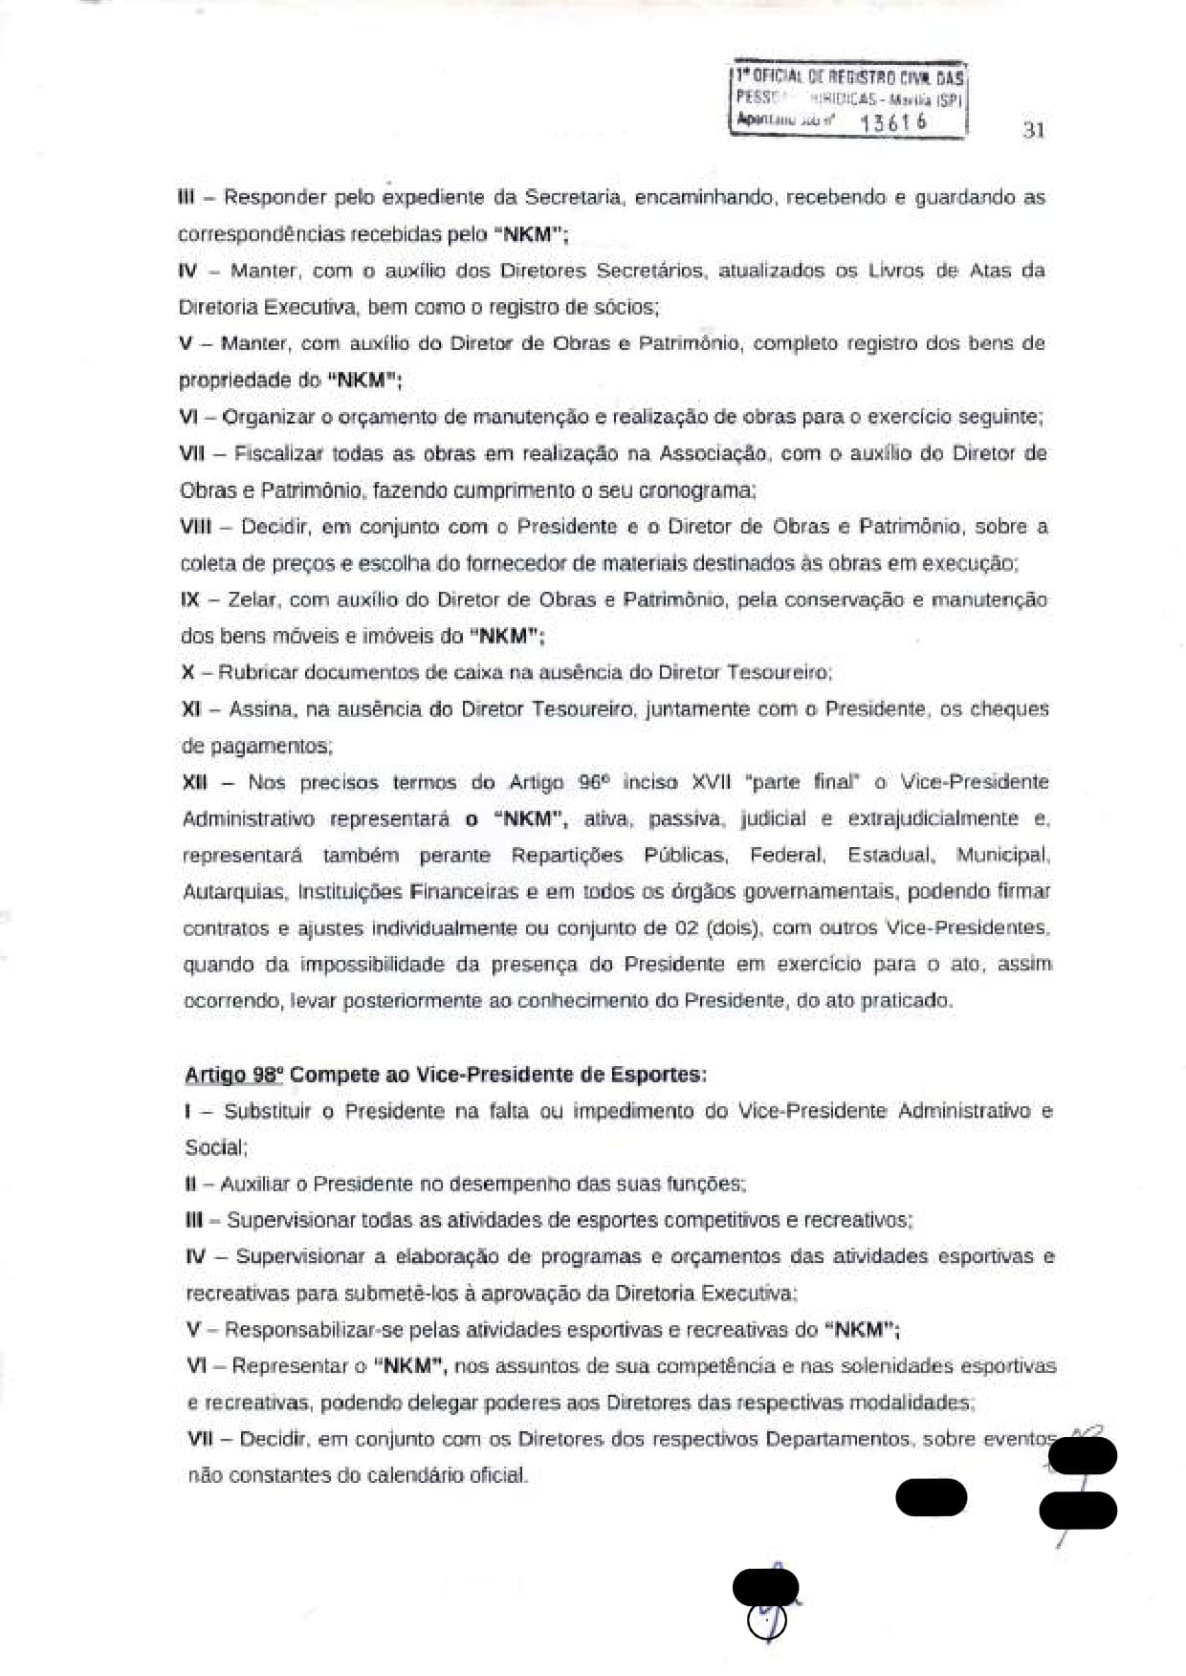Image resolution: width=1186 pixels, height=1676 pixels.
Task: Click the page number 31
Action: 1033,130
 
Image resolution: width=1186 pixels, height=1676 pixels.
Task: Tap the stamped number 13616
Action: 893,122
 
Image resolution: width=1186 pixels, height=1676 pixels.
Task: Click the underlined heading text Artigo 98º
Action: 233,1075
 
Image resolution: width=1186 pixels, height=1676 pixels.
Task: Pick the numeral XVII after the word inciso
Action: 711,782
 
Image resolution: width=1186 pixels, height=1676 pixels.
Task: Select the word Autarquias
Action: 233,892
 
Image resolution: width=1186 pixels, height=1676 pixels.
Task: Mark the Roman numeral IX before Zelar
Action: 189,599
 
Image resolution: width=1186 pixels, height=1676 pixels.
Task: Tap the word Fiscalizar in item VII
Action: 278,453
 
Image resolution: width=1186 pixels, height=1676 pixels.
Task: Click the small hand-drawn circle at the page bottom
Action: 767,1622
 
